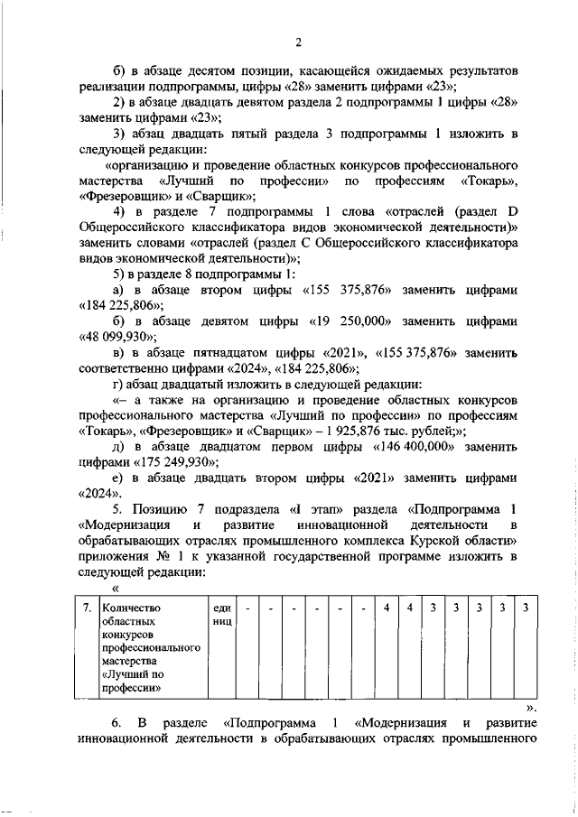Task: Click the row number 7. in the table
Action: (x=86, y=607)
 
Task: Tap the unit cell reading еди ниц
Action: (x=221, y=614)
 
